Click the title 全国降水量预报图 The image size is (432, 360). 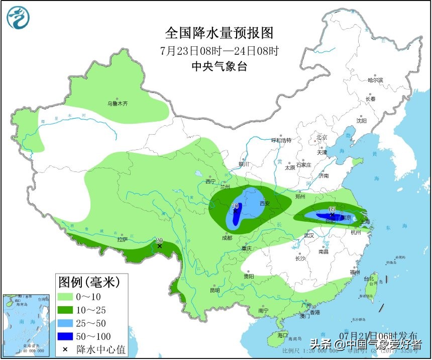(x=220, y=33)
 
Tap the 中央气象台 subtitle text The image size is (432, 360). (x=220, y=66)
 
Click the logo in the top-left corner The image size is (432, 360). (x=18, y=18)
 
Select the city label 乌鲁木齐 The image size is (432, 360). (x=118, y=104)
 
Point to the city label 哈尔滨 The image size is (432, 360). (x=375, y=80)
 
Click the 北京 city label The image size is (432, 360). (x=321, y=137)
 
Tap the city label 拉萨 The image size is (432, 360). (x=123, y=239)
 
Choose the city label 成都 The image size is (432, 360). (x=227, y=238)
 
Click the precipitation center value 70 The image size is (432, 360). (x=235, y=206)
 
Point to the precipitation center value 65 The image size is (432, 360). (x=332, y=209)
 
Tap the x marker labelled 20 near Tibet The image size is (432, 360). (x=160, y=246)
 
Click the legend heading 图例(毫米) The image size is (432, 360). (x=89, y=282)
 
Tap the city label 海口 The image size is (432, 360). (x=282, y=335)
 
